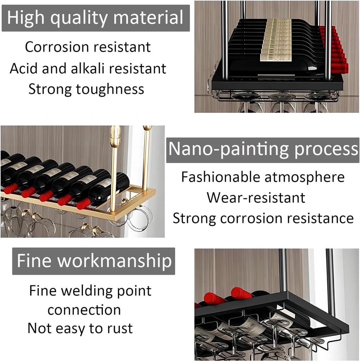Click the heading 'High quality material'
pyautogui.click(x=95, y=18)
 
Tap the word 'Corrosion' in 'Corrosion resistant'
pyautogui.click(x=57, y=47)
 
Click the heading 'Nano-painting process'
pyautogui.click(x=263, y=150)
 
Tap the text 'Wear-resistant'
pyautogui.click(x=256, y=198)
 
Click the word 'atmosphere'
pyautogui.click(x=305, y=177)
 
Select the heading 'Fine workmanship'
pyautogui.click(x=94, y=261)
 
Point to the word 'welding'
pyautogui.click(x=87, y=291)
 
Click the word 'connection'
pyautogui.click(x=84, y=310)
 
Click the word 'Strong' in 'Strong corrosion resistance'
pyautogui.click(x=194, y=218)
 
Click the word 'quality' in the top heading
pyautogui.click(x=79, y=18)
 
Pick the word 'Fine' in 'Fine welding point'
pyautogui.click(x=43, y=291)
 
